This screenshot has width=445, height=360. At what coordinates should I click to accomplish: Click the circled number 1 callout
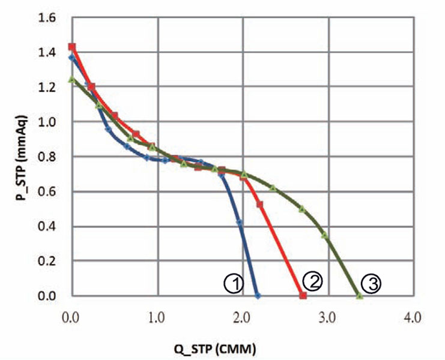[x=233, y=283]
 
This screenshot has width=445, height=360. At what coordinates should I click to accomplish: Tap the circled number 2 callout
[x=313, y=281]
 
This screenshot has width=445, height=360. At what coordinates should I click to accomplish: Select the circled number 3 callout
[x=372, y=284]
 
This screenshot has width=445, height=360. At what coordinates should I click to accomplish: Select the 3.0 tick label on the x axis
[x=328, y=315]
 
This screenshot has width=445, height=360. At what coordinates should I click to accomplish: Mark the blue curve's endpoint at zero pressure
[x=258, y=296]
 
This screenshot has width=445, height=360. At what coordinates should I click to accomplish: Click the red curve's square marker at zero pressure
[x=303, y=296]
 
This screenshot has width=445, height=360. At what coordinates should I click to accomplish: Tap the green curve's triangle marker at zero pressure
[x=359, y=296]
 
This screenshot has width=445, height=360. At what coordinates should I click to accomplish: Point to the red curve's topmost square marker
[x=72, y=47]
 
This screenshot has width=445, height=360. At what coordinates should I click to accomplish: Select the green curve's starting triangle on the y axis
[x=72, y=79]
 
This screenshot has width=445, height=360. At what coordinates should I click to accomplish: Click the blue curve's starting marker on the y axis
[x=72, y=58]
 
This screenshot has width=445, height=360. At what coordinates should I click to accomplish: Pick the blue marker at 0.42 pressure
[x=240, y=223]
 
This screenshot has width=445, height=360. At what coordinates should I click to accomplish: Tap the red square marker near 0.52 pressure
[x=260, y=205]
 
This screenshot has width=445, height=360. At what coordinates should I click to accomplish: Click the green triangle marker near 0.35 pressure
[x=325, y=235]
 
